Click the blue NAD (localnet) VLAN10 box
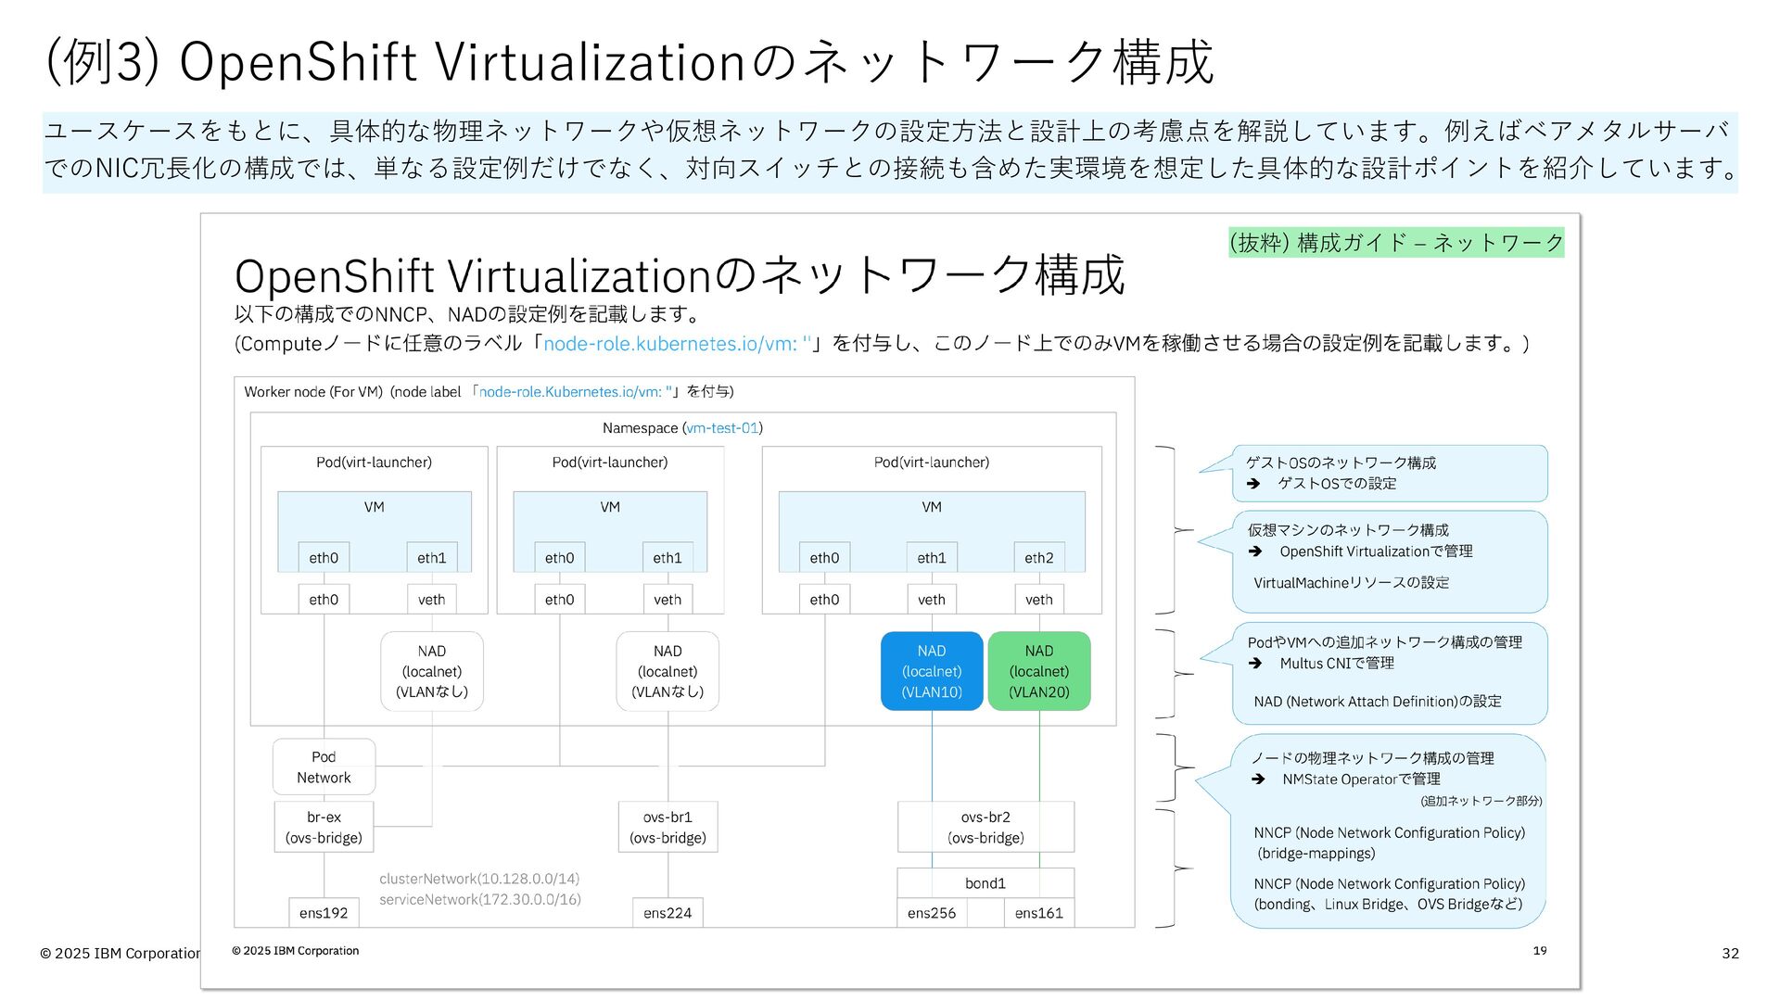coord(932,671)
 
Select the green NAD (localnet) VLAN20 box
coord(1039,671)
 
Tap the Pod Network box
coord(324,767)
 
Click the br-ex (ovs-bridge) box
coord(324,827)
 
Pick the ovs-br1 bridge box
coord(667,827)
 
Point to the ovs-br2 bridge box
coord(985,827)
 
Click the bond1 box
coord(985,883)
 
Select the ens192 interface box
coord(324,913)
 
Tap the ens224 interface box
coord(667,913)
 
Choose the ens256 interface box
coord(932,913)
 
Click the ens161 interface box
coord(1039,913)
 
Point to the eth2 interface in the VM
coord(1039,558)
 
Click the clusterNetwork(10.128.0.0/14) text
coord(479,879)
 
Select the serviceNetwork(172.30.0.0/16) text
coord(480,899)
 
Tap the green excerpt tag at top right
coord(1396,243)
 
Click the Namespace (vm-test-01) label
coord(682,428)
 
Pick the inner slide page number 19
coord(1540,950)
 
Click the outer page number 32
coord(1730,953)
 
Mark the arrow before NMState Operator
coord(1258,779)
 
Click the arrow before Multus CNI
coord(1255,664)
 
